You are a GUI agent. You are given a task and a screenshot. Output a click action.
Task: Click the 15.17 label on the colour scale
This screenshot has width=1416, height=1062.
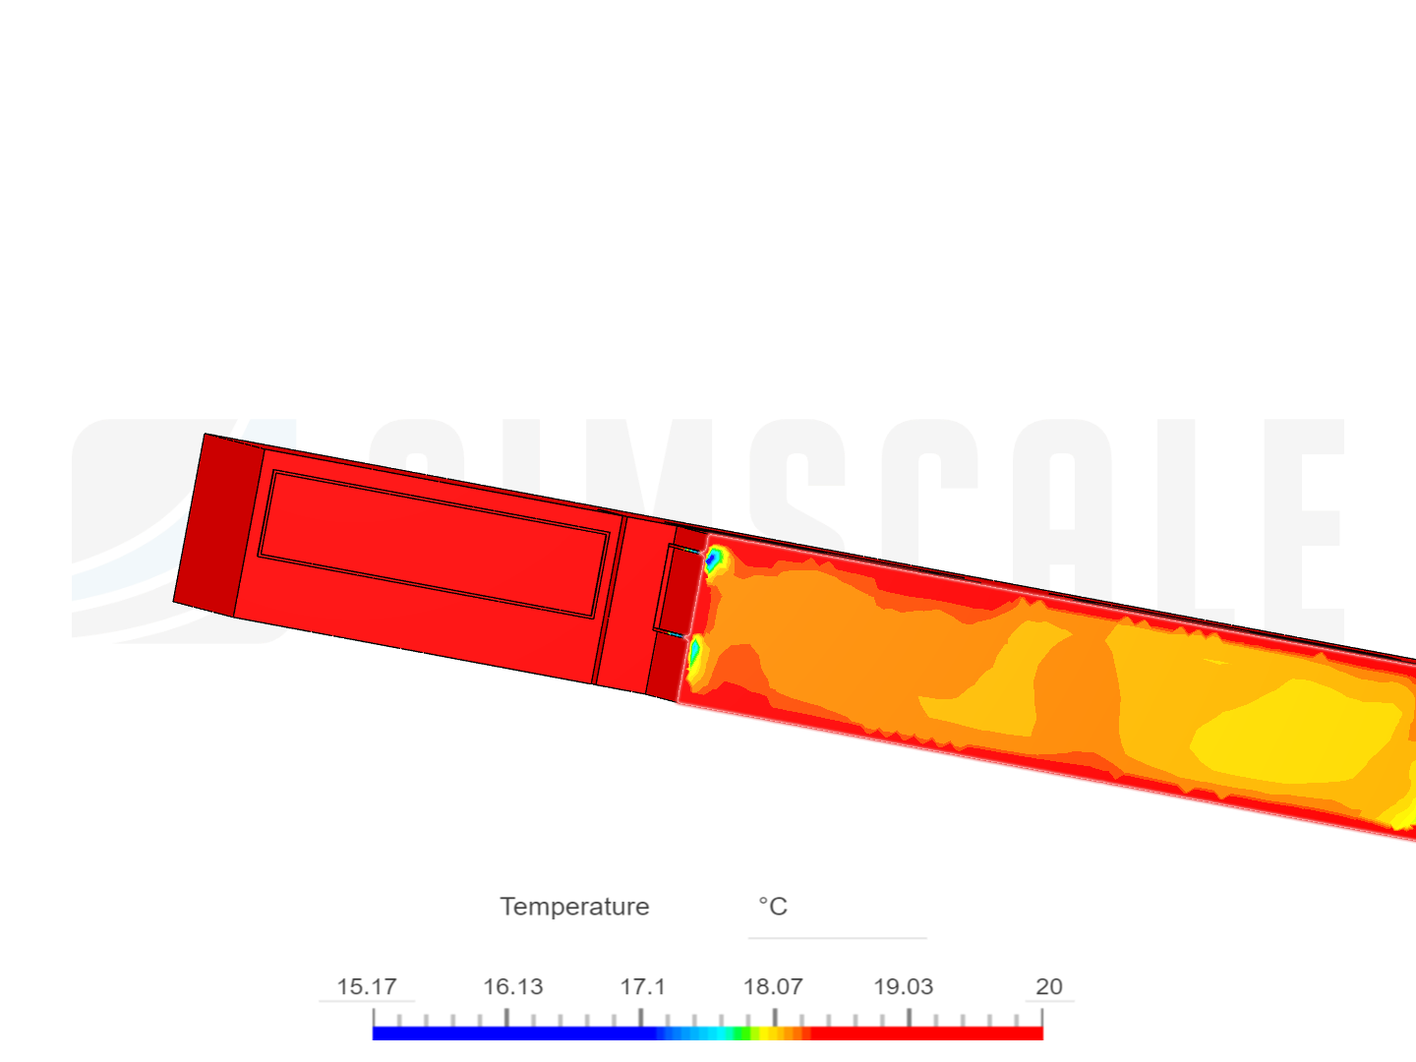click(367, 986)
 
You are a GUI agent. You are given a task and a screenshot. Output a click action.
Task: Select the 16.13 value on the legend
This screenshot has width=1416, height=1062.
click(513, 986)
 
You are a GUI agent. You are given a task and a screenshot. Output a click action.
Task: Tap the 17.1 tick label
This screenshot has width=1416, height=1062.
click(642, 986)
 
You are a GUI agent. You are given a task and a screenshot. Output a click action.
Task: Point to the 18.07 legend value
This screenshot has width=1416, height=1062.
click(773, 986)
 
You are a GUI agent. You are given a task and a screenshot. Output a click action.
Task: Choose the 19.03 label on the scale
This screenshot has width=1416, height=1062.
click(903, 986)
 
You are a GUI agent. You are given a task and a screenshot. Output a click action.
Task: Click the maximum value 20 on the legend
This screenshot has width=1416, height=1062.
click(1049, 986)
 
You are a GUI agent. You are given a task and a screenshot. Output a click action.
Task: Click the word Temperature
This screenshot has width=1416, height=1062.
click(574, 907)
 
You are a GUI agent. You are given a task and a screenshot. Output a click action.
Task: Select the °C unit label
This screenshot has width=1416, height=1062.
click(773, 906)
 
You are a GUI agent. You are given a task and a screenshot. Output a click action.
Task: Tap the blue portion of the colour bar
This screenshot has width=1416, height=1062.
click(514, 1032)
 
